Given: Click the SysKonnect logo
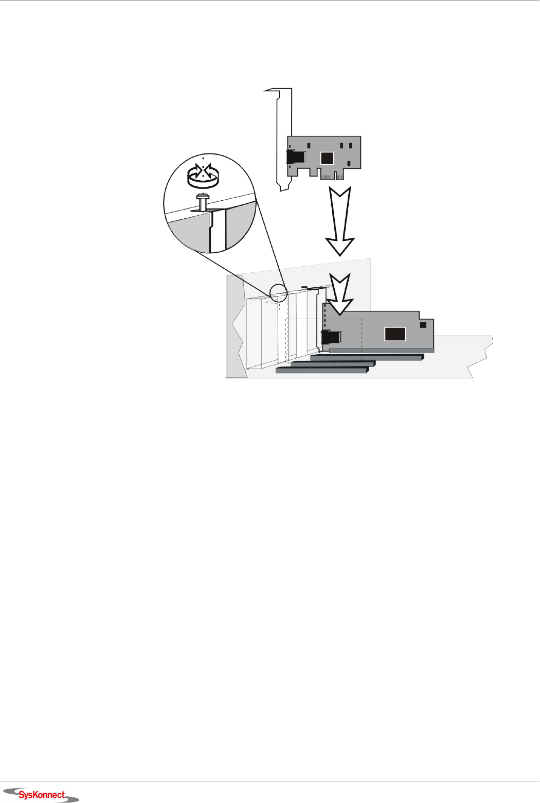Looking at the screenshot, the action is tap(42, 795).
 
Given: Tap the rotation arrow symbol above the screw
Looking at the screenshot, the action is tap(204, 176).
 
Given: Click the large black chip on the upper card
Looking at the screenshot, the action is tap(327, 158).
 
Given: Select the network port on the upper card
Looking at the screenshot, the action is tap(296, 156).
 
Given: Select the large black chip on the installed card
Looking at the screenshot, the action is tap(395, 334).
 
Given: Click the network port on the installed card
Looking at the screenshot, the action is tap(331, 338).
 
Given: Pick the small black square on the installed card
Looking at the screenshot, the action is tap(423, 325).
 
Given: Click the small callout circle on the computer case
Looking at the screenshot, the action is tap(279, 292).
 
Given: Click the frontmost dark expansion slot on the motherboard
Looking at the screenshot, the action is tap(322, 370).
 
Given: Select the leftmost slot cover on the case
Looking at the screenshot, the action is tap(254, 333).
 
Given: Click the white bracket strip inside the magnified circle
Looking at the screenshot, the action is tap(218, 232).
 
